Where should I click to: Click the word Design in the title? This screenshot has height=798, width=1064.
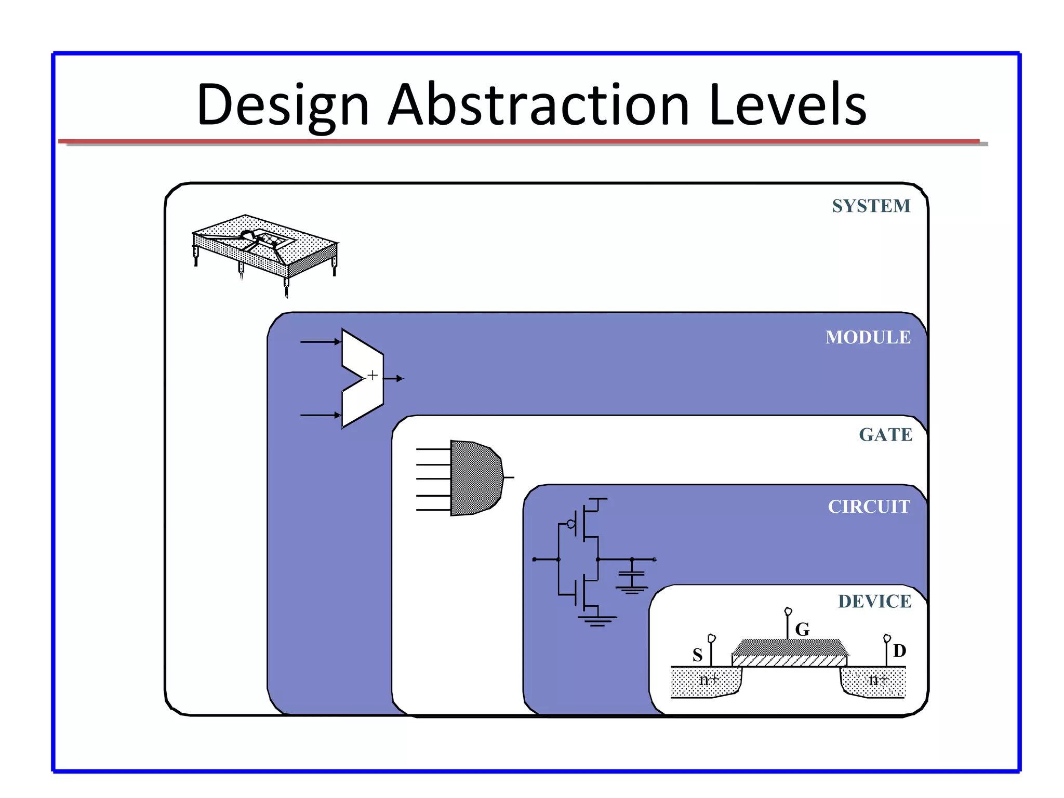pyautogui.click(x=283, y=105)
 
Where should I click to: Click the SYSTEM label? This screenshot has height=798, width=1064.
pyautogui.click(x=871, y=206)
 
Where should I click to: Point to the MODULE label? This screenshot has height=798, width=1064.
pyautogui.click(x=868, y=338)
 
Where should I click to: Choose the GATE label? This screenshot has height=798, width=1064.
pyautogui.click(x=885, y=435)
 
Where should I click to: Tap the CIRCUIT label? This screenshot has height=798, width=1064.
pyautogui.click(x=869, y=507)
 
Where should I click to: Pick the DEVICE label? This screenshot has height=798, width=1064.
pyautogui.click(x=874, y=602)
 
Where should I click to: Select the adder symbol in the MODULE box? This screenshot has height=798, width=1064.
pyautogui.click(x=363, y=378)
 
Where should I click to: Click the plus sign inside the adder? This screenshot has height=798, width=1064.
pyautogui.click(x=373, y=375)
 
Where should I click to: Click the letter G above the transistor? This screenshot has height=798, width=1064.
pyautogui.click(x=802, y=630)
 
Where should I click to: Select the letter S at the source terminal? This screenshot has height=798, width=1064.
pyautogui.click(x=697, y=655)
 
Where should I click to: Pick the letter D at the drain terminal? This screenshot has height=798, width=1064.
pyautogui.click(x=899, y=651)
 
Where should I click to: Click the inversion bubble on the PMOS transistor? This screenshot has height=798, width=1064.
pyautogui.click(x=571, y=524)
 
